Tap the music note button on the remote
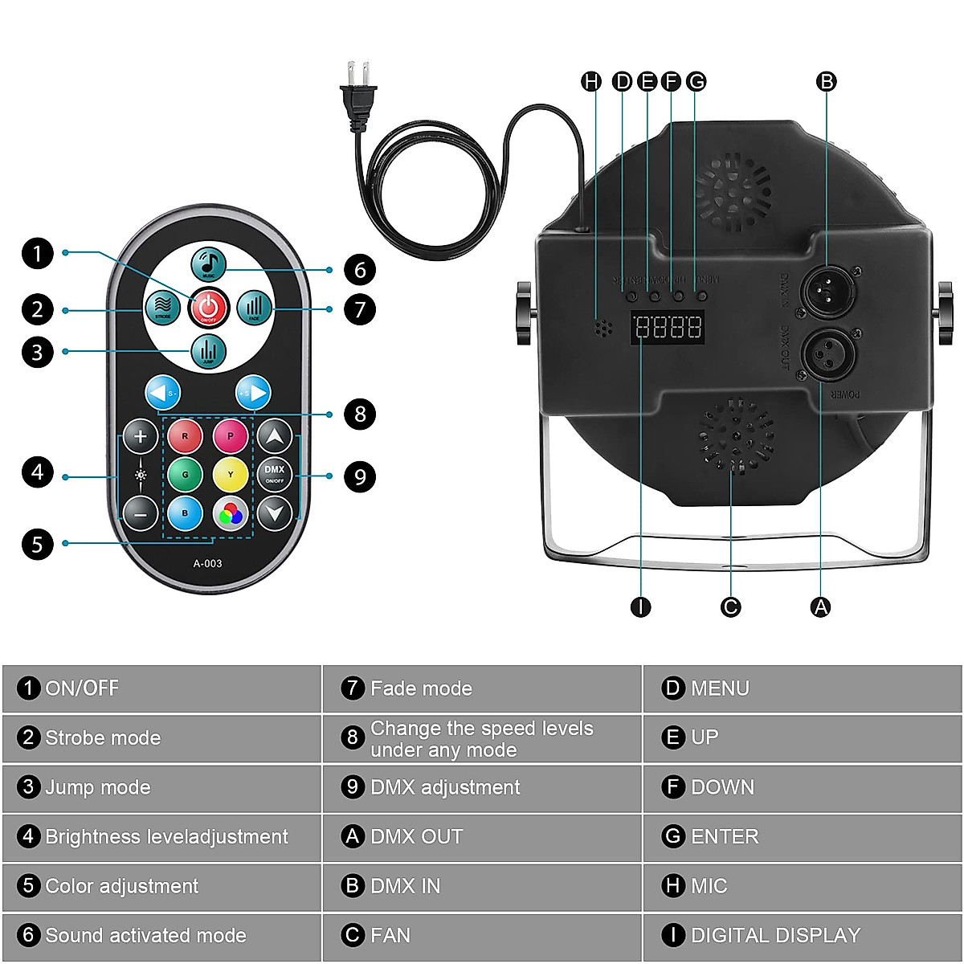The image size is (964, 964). click(208, 263)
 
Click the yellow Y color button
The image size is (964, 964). click(231, 475)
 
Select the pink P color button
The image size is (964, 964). click(231, 436)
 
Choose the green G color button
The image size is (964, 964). click(185, 475)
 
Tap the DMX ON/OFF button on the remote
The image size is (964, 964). click(275, 475)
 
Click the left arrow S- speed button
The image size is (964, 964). click(163, 394)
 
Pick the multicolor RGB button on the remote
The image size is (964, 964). click(231, 513)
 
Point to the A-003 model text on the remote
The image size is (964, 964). click(207, 563)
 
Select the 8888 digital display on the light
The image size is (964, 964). click(668, 328)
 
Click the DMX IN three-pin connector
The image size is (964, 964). click(826, 289)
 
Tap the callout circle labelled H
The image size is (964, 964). click(591, 81)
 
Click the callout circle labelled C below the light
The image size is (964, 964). click(730, 607)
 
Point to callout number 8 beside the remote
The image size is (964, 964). click(360, 415)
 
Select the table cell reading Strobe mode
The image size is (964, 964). click(161, 737)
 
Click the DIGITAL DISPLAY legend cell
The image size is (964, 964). click(802, 935)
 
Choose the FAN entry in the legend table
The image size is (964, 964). click(481, 935)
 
